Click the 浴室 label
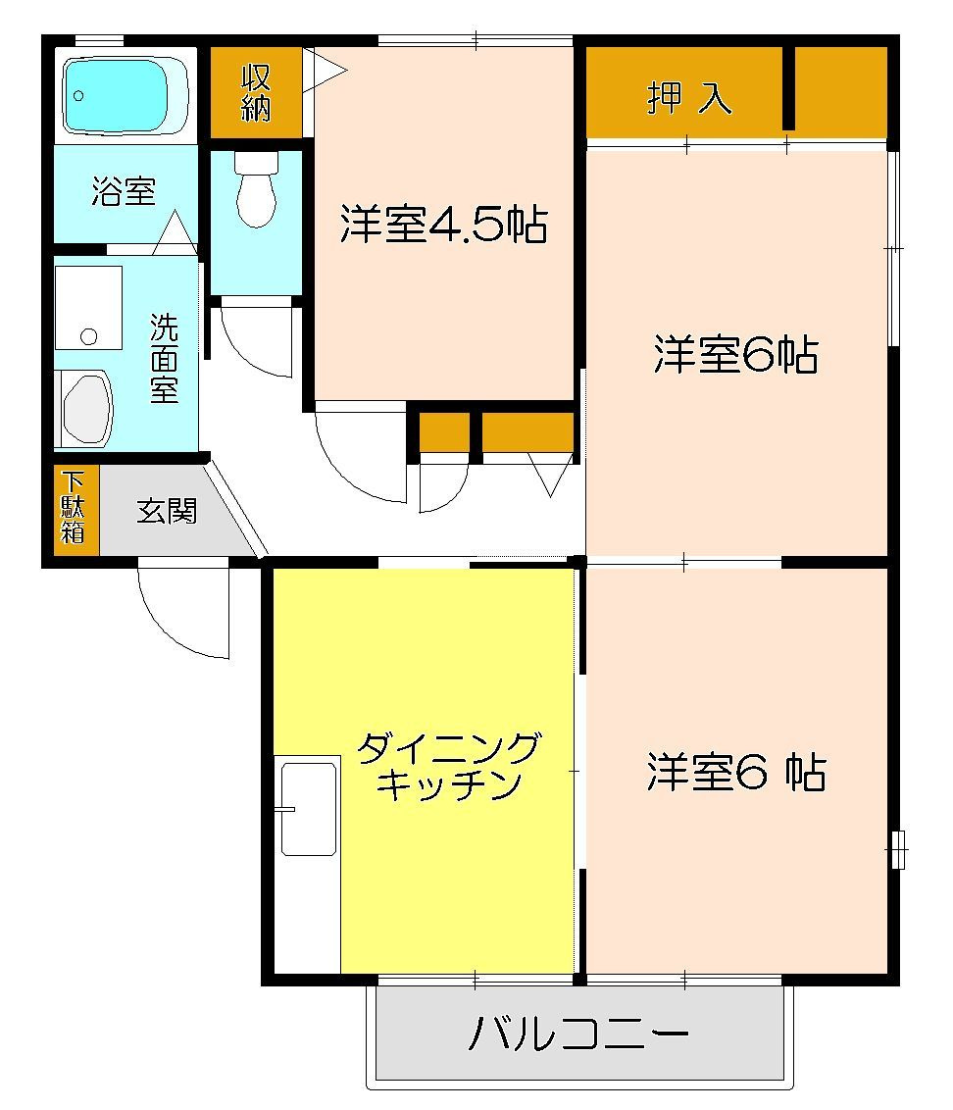pyautogui.click(x=124, y=192)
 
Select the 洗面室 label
pyautogui.click(x=164, y=358)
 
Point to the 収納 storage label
pyautogui.click(x=256, y=93)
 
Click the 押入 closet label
pyautogui.click(x=688, y=97)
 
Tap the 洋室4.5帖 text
pyautogui.click(x=443, y=226)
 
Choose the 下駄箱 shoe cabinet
pyautogui.click(x=74, y=507)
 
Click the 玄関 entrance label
pyautogui.click(x=167, y=511)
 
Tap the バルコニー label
pyautogui.click(x=578, y=1034)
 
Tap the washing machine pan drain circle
pyautogui.click(x=89, y=336)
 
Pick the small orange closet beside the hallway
pyautogui.click(x=444, y=432)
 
